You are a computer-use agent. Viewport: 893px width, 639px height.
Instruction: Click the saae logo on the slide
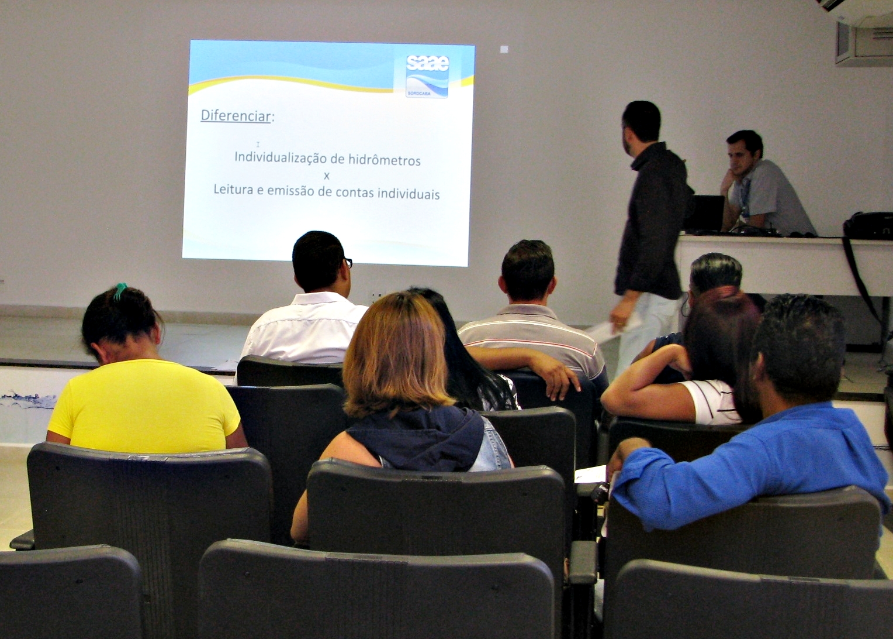427,77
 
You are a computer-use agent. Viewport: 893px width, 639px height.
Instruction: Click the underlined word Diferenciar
236,116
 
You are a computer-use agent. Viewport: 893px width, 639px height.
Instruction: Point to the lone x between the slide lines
327,176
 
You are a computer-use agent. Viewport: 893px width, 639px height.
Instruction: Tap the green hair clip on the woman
120,291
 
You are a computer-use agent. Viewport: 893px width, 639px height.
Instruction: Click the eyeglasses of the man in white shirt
348,262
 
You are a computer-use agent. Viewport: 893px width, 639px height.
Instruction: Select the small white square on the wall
504,49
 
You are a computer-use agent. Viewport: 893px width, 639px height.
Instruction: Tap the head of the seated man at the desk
744,153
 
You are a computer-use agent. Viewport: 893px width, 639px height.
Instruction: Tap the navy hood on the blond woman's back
417,437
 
